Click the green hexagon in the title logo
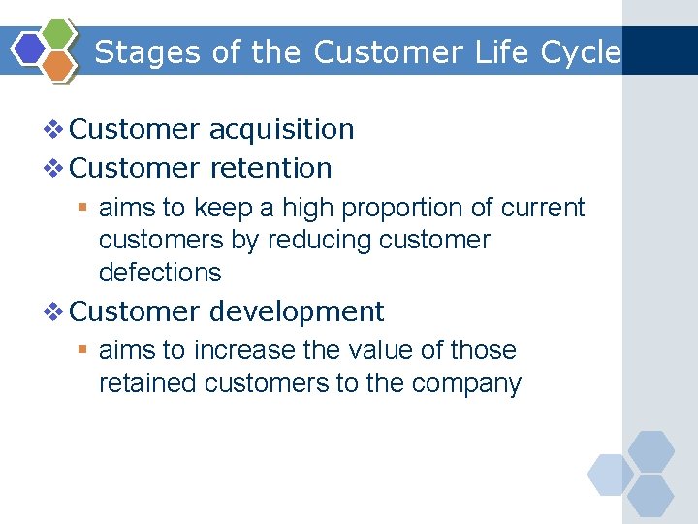click(60, 35)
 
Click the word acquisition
click(281, 129)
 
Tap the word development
click(297, 311)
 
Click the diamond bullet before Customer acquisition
click(54, 129)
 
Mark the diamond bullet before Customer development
click(54, 311)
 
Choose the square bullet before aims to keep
click(84, 208)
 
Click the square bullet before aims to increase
click(84, 350)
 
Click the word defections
click(160, 273)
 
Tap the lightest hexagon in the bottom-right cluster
click(611, 475)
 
